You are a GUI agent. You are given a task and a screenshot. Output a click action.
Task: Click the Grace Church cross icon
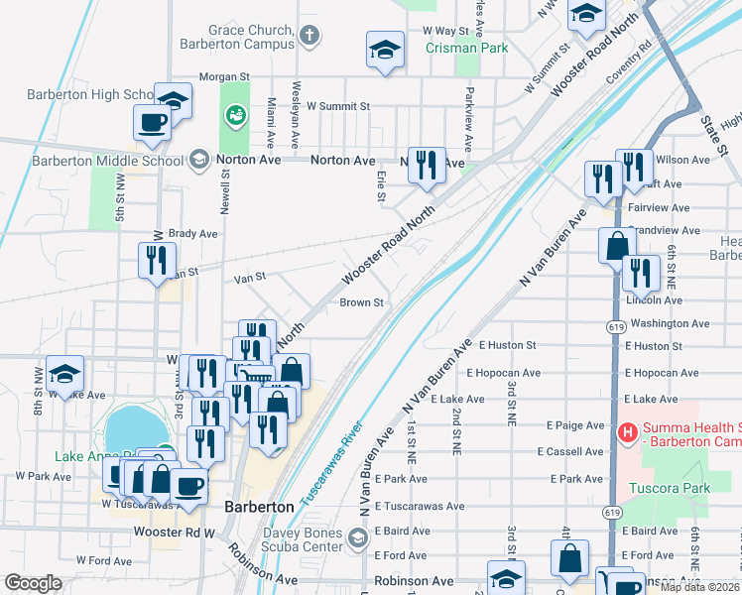[309, 37]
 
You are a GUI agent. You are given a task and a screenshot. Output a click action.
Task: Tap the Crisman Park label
[466, 48]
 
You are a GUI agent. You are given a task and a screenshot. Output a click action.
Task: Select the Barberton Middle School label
[107, 161]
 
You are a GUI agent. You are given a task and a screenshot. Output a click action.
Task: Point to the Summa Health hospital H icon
[627, 432]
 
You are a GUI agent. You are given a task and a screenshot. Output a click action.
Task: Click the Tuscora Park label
[670, 488]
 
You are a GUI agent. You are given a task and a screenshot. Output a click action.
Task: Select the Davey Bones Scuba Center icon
[358, 535]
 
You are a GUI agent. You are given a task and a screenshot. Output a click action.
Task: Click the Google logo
[33, 583]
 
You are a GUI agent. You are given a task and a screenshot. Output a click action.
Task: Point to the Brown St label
[361, 302]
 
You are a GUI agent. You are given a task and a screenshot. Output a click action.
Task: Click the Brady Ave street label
[192, 234]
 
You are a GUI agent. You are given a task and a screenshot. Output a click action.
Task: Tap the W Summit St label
[337, 105]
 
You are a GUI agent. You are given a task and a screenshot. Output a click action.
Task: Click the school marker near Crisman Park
[385, 51]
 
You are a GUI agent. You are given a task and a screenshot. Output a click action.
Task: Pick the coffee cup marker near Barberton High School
[152, 122]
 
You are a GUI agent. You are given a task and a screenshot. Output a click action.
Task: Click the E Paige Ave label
[575, 425]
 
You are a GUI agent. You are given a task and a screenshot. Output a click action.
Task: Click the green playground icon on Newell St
[235, 117]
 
